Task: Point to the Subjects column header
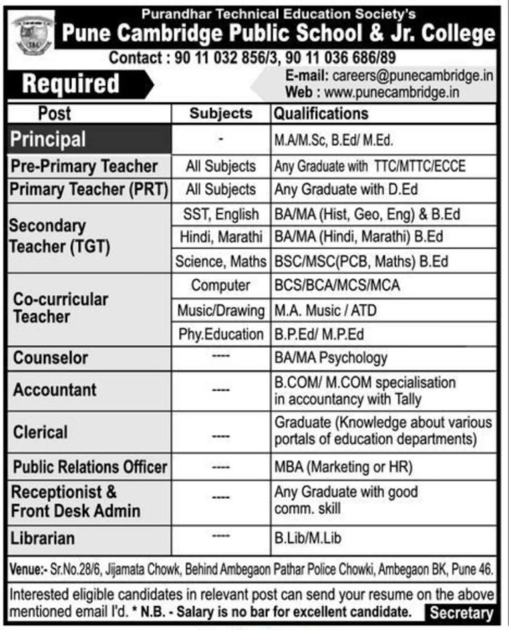pos(221,113)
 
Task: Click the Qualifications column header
pos(321,113)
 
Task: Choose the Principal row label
pos(48,139)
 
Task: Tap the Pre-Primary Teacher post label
pos(84,166)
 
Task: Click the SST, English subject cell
pos(221,215)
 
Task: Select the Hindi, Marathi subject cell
pos(221,237)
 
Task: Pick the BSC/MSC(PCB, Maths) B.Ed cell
pos(361,261)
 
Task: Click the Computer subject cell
pos(221,285)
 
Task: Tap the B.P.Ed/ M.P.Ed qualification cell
pos(319,335)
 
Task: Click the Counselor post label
pos(51,357)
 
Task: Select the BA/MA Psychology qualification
pos(331,357)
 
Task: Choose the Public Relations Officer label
pos(90,467)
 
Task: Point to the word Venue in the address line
pos(23,570)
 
